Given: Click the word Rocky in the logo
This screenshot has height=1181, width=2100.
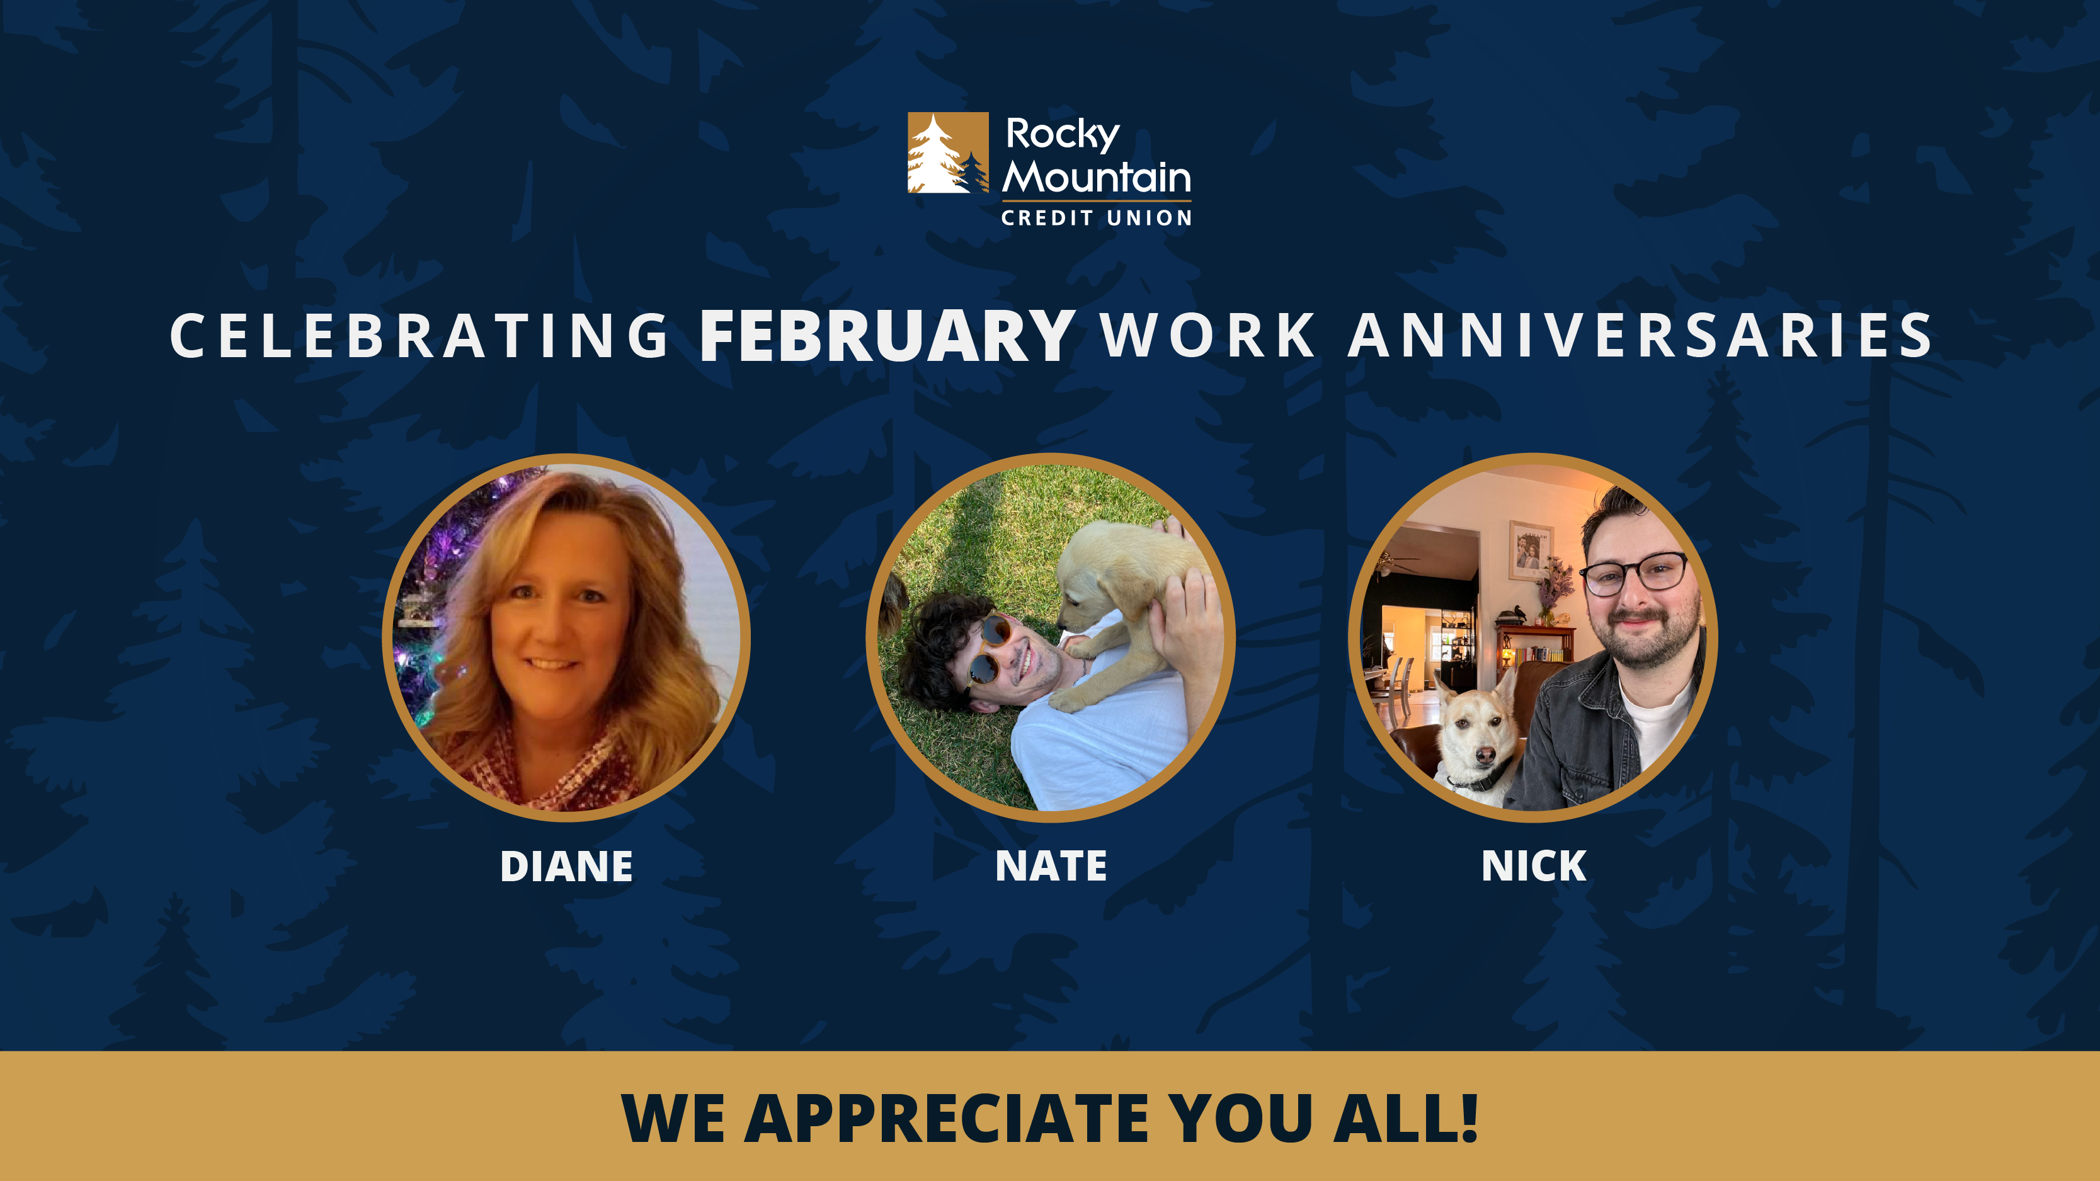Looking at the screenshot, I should tap(1062, 135).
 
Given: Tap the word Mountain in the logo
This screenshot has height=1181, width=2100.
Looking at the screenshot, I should tap(1097, 177).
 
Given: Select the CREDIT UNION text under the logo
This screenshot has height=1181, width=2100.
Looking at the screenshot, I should tap(1097, 217).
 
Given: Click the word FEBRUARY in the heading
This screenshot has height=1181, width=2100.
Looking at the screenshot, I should tap(887, 336).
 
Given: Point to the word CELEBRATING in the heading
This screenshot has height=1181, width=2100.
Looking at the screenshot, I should tap(419, 336).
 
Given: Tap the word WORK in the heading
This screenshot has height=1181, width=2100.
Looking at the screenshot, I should tap(1207, 336).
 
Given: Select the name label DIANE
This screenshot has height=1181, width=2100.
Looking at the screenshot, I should tap(567, 867).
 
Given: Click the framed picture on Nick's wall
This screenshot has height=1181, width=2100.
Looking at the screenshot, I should tap(1529, 549).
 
